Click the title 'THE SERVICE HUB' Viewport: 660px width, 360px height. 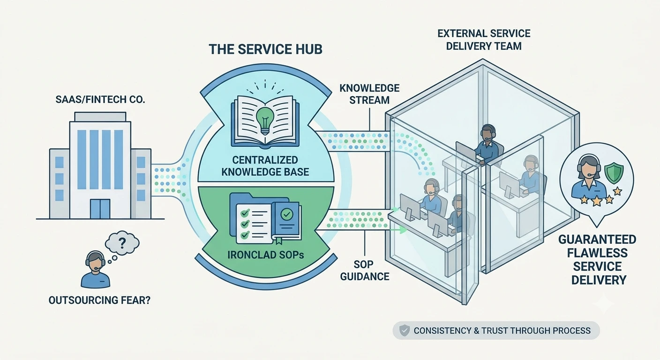coord(265,49)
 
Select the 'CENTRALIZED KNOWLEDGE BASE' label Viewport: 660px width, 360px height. coord(265,165)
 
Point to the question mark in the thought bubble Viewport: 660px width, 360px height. coord(121,243)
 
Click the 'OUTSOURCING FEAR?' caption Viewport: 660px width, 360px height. coord(99,300)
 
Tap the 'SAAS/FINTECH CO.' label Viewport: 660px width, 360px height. coord(100,99)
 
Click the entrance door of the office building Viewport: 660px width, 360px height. coord(100,209)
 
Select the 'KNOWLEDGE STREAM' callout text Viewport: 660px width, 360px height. coord(369,94)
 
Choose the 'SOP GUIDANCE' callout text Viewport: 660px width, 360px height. coord(365,270)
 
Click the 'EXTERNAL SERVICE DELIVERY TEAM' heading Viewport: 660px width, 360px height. coord(484,40)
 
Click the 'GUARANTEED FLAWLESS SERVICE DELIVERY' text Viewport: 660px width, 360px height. coord(598,260)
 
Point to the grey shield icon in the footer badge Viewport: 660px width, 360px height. coord(404,330)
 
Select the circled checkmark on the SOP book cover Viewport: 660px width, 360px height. coord(287,214)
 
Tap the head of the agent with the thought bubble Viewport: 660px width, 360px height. coord(95,261)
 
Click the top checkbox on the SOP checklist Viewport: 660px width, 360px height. coord(245,212)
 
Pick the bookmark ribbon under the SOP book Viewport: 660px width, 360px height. coord(279,240)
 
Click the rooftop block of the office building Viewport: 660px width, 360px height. coord(100,117)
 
